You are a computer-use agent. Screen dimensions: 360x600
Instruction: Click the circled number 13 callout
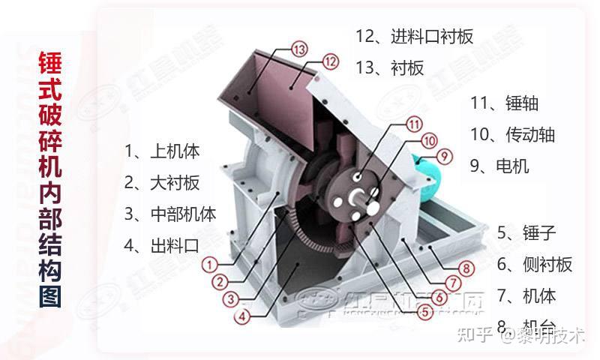[x=299, y=49]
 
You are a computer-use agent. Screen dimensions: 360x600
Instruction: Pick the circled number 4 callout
[x=241, y=316]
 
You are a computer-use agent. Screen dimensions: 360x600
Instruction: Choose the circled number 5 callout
[x=424, y=306]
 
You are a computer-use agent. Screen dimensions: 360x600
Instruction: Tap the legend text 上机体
[x=175, y=151]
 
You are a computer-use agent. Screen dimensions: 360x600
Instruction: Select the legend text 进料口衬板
[x=431, y=36]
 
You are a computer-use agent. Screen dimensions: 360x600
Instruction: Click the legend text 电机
[x=512, y=166]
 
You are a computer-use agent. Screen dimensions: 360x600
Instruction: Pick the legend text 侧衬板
[x=545, y=264]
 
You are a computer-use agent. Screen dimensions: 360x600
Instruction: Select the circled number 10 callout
[x=428, y=139]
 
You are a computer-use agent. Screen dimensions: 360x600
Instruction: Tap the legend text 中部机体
[x=183, y=213]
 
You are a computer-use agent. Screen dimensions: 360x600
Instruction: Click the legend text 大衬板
[x=175, y=181]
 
